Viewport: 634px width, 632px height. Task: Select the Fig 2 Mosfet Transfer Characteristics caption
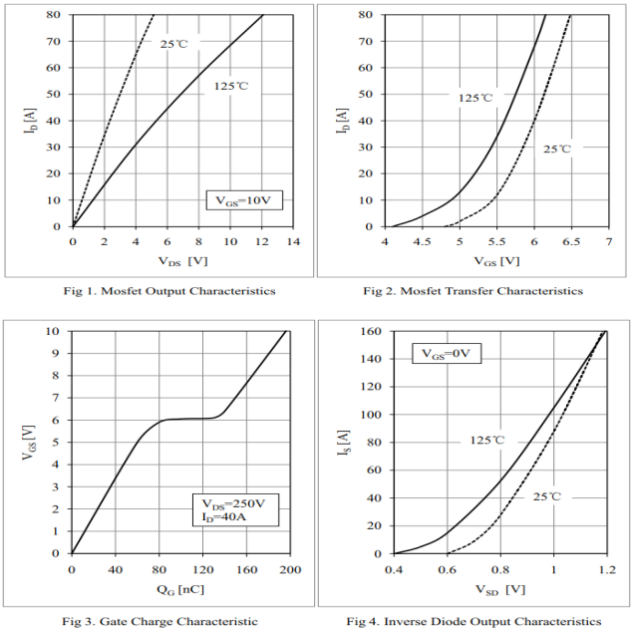pos(474,291)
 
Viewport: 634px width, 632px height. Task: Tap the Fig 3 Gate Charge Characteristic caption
pos(160,621)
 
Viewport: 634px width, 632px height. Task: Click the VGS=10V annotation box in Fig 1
pos(244,200)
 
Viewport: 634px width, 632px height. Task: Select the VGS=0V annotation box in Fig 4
pos(448,354)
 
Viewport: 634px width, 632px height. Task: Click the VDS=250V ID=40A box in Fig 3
pos(234,509)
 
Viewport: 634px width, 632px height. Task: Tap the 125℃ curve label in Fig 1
pos(230,87)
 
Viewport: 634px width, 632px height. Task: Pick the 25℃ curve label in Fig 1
pos(175,44)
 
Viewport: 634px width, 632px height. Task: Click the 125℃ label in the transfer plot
pos(475,98)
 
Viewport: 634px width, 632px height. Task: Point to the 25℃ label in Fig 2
pos(557,149)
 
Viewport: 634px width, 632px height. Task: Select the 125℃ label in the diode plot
pos(488,440)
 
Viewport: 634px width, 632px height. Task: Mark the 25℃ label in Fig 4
pos(547,496)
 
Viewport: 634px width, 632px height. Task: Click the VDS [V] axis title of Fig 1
pos(181,261)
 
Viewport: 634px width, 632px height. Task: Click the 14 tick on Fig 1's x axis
pos(292,242)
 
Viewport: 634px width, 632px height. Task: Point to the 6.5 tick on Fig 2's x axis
pos(571,242)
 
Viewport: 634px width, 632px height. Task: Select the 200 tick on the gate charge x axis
pos(288,569)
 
